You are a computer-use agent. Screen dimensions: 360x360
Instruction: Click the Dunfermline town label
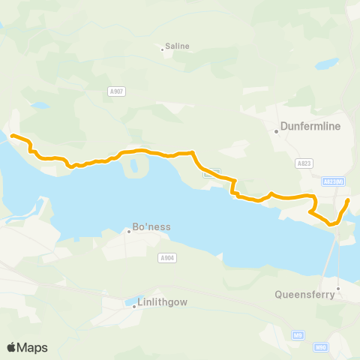click(311, 127)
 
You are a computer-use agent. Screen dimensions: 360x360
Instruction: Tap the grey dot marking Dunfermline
click(277, 132)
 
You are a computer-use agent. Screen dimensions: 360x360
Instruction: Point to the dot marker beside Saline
click(162, 50)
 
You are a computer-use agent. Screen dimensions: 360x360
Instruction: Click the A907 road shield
click(116, 91)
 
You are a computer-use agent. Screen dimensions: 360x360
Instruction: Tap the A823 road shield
click(304, 163)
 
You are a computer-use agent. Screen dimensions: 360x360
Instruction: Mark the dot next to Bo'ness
click(129, 231)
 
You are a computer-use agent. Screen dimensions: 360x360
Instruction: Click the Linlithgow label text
click(163, 302)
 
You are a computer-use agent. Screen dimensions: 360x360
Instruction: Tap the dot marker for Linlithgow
click(134, 306)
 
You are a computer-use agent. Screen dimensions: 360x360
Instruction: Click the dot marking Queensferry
click(338, 288)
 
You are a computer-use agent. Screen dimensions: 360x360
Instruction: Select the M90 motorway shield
click(321, 346)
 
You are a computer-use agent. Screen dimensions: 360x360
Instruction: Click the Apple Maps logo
click(27, 347)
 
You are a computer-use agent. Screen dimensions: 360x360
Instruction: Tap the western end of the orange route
click(12, 135)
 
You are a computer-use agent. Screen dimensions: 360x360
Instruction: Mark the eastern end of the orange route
click(348, 201)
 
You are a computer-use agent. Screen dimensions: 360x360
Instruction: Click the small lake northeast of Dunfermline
click(327, 64)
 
